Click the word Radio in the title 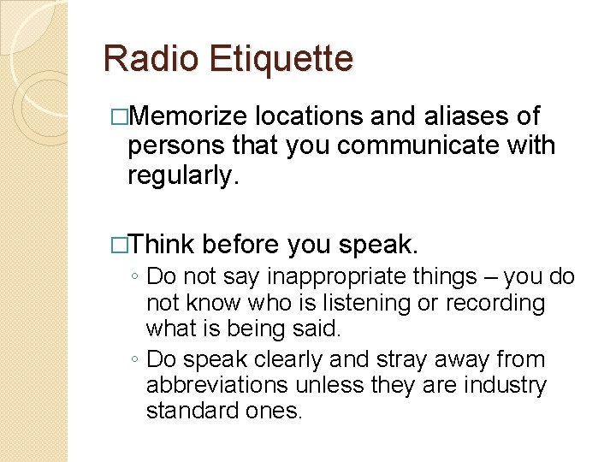click(151, 59)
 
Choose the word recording click(495, 303)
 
